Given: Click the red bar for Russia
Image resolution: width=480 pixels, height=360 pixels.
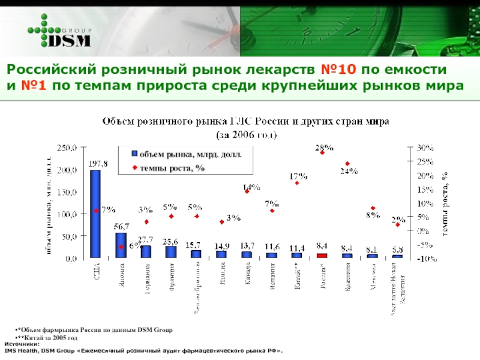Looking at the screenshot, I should point(322,256).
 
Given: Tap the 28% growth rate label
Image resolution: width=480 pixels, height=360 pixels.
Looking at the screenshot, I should point(324,147).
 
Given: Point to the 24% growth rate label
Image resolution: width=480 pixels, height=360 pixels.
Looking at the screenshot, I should point(349,171).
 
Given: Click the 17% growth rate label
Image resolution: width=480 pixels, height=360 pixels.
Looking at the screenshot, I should point(299,177).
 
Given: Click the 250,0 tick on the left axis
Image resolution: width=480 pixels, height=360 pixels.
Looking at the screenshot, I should point(67,148).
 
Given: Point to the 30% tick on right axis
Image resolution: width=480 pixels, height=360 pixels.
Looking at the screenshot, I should point(427,148).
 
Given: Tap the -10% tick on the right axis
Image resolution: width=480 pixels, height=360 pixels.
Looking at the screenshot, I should point(427,259).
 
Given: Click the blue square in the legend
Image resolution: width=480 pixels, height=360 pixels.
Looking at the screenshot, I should point(135,155).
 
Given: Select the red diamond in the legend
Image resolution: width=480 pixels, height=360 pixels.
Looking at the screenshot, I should point(135,168).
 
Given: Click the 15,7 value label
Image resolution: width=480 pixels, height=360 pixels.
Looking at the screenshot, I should point(193,245).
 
